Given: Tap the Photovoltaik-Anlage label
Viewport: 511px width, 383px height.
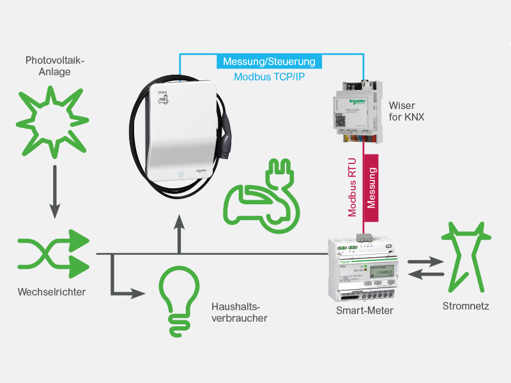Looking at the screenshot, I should pos(55,66).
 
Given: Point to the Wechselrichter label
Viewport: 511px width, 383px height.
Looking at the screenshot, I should pos(52,292).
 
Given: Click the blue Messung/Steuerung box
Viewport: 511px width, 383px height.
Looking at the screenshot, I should pos(269,62).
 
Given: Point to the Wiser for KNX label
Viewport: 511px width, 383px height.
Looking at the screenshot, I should pos(406,109).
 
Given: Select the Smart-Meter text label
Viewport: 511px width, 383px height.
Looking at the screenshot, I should pos(364,311).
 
